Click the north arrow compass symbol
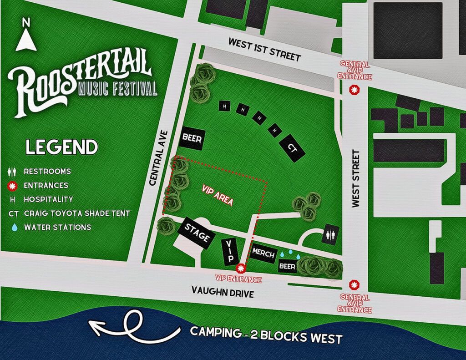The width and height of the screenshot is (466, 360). click(26, 36)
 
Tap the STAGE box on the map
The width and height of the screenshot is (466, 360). click(197, 233)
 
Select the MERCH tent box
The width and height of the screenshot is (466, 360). click(262, 253)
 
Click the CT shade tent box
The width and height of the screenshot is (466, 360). click(293, 147)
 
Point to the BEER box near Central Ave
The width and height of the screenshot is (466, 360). click(192, 137)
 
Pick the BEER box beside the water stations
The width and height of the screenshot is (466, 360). click(287, 266)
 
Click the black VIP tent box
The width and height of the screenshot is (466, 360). click(230, 251)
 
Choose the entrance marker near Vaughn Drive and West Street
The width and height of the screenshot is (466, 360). click(353, 285)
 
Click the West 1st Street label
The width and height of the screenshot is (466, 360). click(264, 50)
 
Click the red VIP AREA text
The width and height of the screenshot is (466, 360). click(218, 198)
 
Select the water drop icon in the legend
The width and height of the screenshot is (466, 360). click(13, 227)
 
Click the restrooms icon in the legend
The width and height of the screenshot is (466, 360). click(13, 172)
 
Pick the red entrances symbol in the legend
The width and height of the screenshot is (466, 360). click(13, 185)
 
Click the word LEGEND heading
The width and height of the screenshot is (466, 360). click(61, 147)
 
